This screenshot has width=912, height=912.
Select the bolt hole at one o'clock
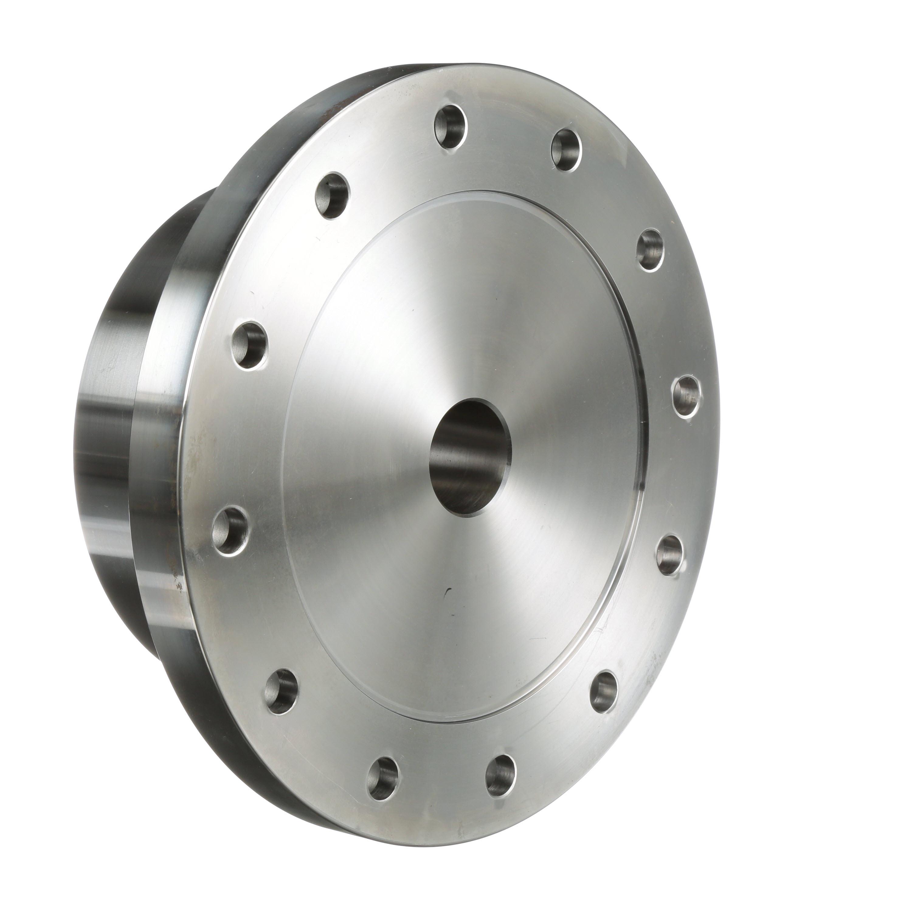pos(566,150)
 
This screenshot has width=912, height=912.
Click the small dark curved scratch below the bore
pos(448,593)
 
